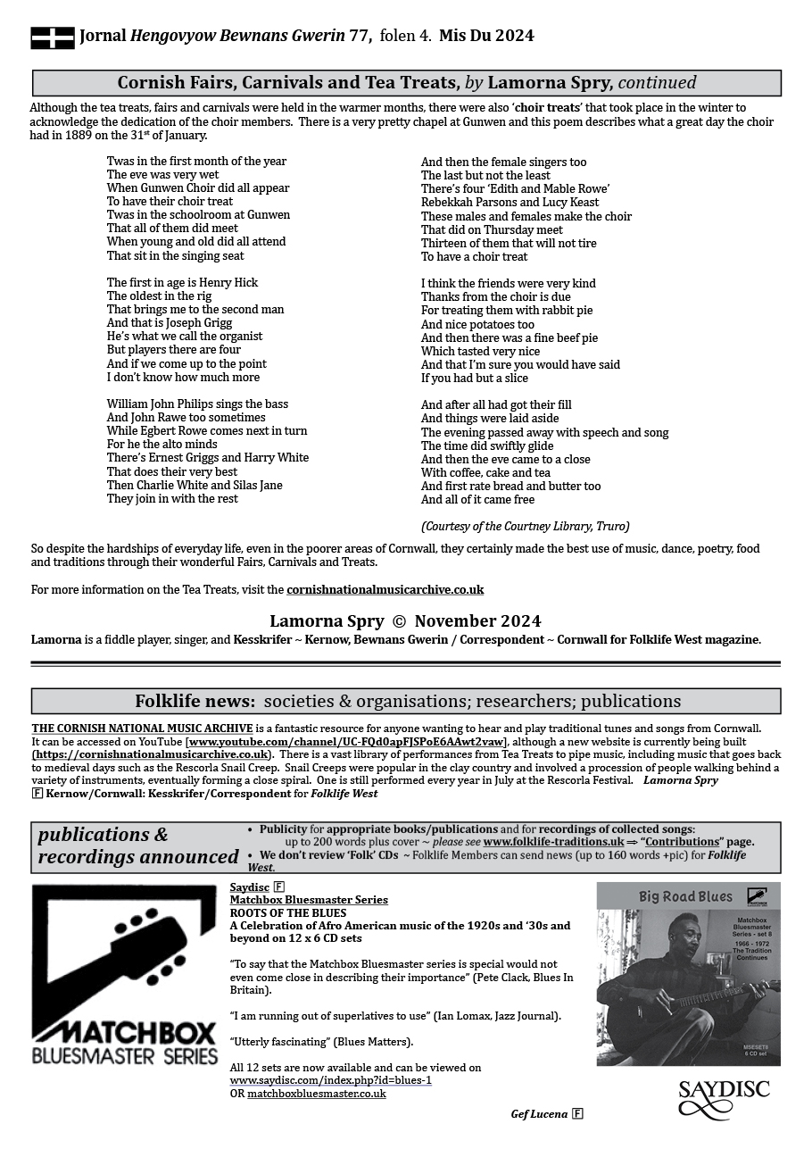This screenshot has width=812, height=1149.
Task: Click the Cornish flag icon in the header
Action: tap(53, 37)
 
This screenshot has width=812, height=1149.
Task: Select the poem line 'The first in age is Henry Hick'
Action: tap(182, 283)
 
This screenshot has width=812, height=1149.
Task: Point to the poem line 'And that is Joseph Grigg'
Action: tap(170, 323)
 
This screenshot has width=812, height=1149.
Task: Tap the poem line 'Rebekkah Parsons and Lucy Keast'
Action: tap(510, 203)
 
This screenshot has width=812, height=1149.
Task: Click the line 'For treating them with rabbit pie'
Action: tap(506, 311)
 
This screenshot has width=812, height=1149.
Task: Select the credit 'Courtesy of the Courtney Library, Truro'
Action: tap(525, 526)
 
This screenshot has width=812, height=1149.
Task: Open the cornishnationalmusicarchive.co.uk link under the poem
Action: tap(385, 590)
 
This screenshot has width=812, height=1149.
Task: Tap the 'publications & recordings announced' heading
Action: tap(137, 846)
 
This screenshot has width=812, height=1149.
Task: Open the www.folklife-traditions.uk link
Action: tap(553, 842)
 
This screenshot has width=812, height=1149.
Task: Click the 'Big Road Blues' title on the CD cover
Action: tap(684, 896)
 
